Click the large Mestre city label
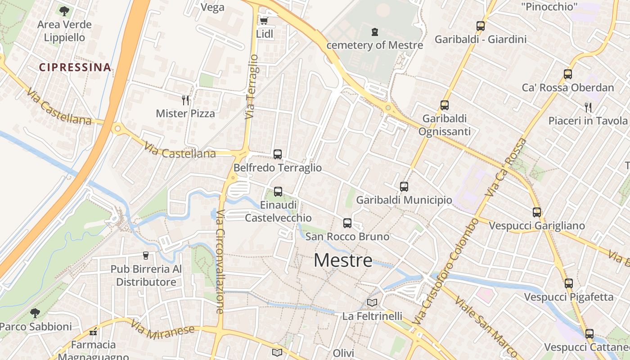coord(343,260)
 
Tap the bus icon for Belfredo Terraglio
coord(278,154)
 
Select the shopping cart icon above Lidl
coord(264,21)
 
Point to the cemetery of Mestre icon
coord(374,32)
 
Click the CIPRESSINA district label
coord(75,67)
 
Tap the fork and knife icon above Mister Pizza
coord(185,100)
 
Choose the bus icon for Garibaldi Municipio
coord(404,186)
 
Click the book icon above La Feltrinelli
coord(372,302)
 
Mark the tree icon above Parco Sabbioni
coord(35,313)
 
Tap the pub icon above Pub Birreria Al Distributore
coord(145,255)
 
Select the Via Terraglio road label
coord(252,87)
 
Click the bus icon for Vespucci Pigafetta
coord(569,283)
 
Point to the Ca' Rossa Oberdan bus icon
coord(568,74)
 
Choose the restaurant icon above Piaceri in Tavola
coord(588,107)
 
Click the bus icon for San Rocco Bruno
coord(347,223)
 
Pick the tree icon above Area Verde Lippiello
coord(64,11)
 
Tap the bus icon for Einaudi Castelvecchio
coord(278,191)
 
